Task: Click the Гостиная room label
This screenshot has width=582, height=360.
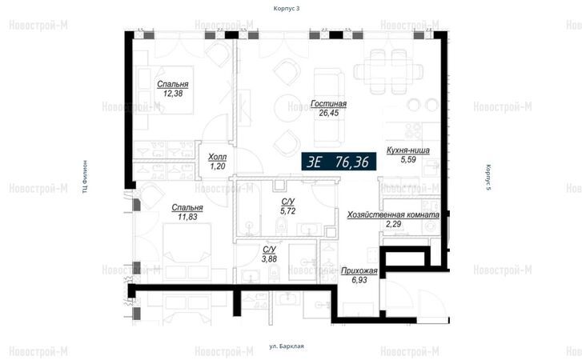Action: (328, 104)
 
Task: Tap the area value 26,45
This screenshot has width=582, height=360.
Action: (328, 113)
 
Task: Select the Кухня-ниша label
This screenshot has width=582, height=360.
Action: (408, 150)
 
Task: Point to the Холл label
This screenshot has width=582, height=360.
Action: (217, 157)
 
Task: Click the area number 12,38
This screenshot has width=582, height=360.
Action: (173, 94)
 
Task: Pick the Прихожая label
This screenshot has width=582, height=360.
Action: (359, 271)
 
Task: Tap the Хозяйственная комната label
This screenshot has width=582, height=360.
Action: (393, 215)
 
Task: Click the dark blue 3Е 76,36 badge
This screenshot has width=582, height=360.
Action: (339, 162)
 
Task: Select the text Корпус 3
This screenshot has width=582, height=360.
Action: (286, 9)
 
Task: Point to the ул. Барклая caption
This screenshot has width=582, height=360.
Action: (286, 346)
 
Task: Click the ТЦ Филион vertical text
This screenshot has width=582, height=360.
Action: (86, 177)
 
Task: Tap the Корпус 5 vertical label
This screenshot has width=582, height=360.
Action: (488, 178)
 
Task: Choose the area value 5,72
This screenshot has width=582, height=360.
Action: (288, 211)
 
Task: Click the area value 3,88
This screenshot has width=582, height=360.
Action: (269, 259)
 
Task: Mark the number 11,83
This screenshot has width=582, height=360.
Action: (187, 217)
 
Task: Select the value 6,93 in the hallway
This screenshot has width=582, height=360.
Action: (359, 280)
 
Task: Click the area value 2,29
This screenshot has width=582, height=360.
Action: (393, 224)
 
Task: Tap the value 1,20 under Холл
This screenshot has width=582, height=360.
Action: (217, 166)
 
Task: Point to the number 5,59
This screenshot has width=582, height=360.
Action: (408, 160)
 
